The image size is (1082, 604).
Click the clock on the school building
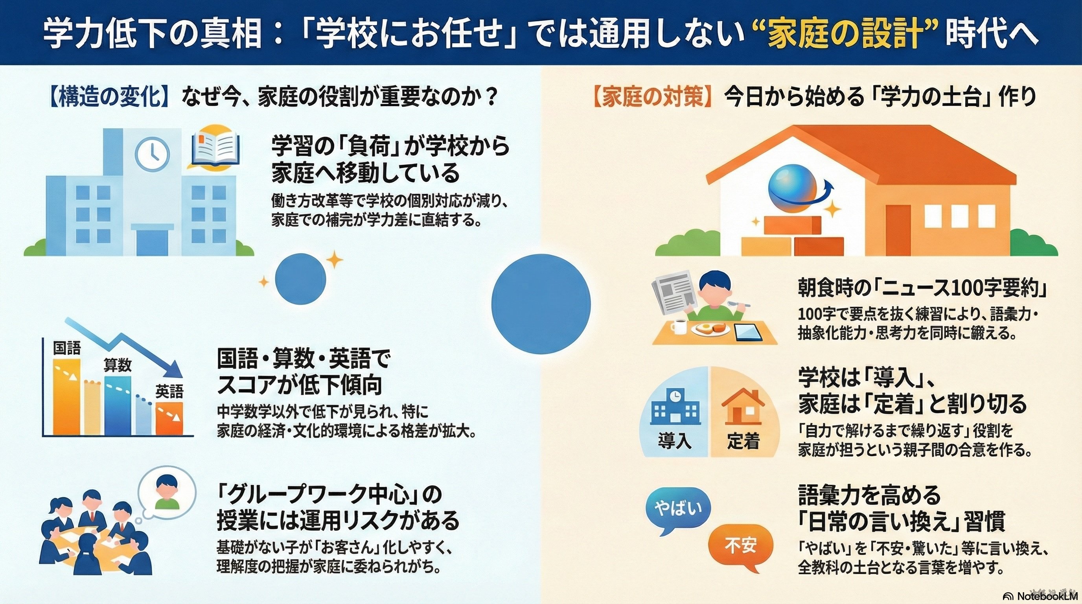[152, 154]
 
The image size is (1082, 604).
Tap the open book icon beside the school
[216, 149]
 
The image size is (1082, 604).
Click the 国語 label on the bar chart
[67, 348]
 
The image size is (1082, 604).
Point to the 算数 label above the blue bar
[118, 365]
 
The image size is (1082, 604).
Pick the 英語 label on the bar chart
[169, 392]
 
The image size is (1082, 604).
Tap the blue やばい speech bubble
[678, 510]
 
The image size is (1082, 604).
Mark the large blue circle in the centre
[541, 304]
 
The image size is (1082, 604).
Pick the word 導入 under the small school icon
[675, 441]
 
